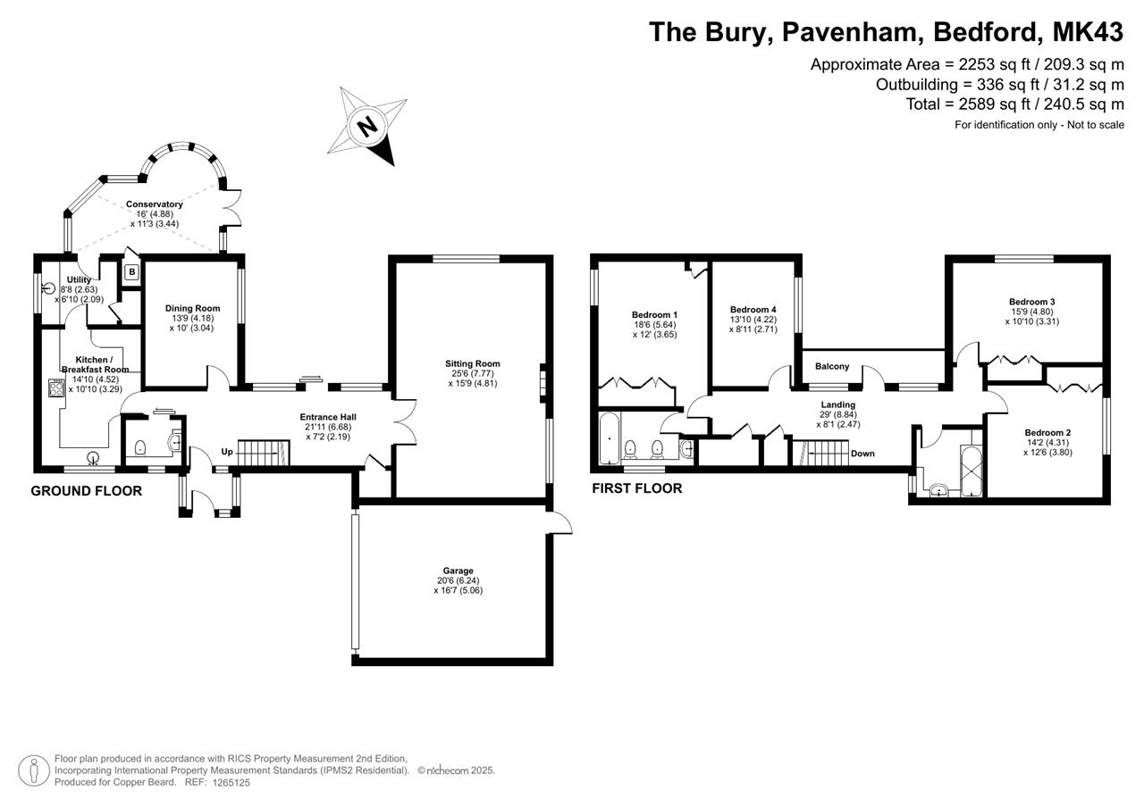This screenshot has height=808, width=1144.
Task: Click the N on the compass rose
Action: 367,126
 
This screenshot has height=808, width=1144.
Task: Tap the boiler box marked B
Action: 132,272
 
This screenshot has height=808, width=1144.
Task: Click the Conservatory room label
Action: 155,204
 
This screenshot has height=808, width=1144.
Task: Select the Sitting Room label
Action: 473,363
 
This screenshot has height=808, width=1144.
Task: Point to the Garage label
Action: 458,571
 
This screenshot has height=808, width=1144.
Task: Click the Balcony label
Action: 832,366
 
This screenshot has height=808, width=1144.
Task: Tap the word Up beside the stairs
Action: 227,452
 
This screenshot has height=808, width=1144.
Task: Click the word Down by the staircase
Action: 862,454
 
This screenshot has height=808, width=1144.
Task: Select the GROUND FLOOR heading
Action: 87,491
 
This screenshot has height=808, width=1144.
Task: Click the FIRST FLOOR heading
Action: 637,488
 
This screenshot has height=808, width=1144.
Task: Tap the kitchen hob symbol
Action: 55,387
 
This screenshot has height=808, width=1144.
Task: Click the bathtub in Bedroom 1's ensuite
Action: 610,438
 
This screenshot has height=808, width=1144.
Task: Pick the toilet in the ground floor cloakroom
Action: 140,448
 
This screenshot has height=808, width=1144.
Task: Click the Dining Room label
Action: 192,308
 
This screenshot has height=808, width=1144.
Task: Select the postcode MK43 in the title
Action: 1088,32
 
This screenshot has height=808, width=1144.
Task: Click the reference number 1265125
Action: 231,782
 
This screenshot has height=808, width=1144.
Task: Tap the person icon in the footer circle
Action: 34,771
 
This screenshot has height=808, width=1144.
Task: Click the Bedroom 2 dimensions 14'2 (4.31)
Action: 1047,443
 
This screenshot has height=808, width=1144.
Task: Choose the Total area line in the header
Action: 1014,104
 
